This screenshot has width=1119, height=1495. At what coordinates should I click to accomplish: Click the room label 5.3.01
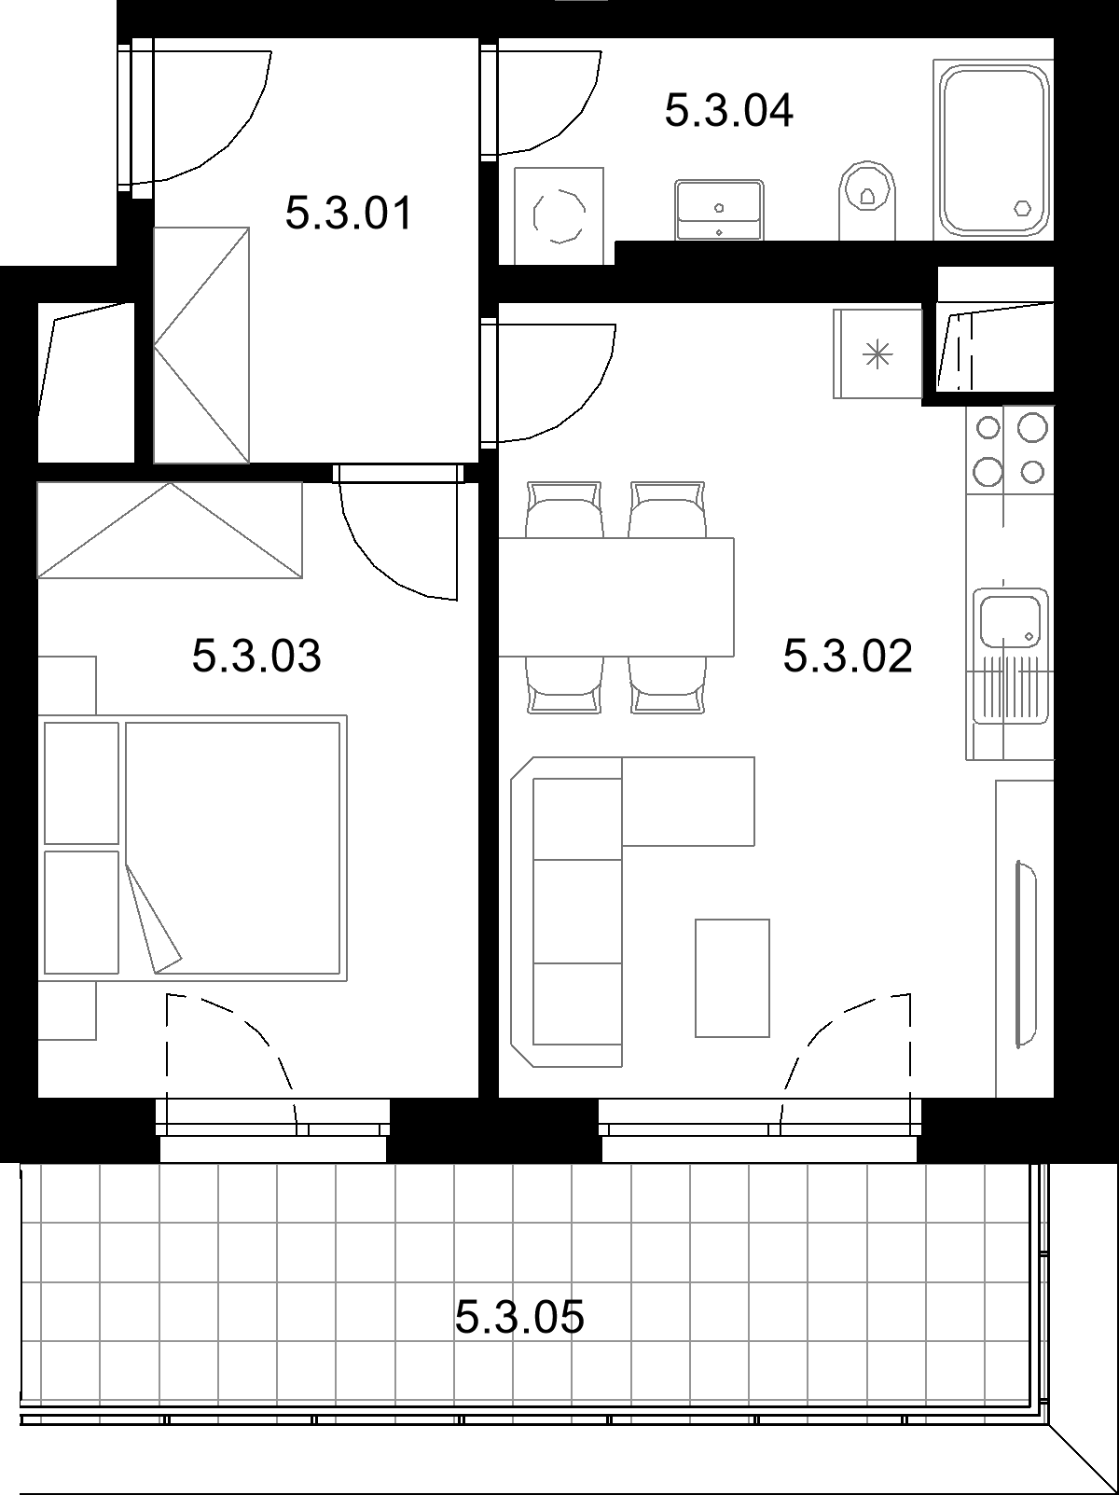point(349,214)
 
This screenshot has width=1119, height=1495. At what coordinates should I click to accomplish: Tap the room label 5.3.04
point(728,111)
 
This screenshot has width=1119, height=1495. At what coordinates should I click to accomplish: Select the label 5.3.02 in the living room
point(848,656)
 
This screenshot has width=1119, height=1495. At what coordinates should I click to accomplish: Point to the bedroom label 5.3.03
point(256,656)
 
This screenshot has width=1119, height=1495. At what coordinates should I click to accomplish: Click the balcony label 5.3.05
point(519,1317)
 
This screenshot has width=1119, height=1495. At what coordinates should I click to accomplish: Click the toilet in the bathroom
point(866,199)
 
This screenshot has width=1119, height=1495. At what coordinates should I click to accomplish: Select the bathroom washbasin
point(719,209)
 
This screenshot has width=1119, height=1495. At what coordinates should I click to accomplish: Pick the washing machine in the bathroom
point(559,216)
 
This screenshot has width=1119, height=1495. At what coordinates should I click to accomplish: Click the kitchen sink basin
point(1009,619)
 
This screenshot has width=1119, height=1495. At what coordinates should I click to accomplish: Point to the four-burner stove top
point(1010,450)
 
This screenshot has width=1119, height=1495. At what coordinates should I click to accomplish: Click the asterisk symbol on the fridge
point(877,354)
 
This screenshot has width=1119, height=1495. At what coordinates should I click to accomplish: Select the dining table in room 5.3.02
point(616,597)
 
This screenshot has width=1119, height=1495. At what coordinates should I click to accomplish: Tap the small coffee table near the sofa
point(732,978)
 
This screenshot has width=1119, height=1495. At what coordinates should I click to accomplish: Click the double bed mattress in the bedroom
point(232,848)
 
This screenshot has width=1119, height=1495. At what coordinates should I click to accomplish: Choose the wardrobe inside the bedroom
point(170,530)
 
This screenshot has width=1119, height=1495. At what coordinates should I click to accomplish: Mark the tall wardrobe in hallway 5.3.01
point(201,345)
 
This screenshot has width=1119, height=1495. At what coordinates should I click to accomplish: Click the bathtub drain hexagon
point(1022,208)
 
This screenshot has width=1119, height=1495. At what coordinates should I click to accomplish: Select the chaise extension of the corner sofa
point(688,802)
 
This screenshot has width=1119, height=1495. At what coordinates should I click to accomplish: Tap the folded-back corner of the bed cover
point(153,920)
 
